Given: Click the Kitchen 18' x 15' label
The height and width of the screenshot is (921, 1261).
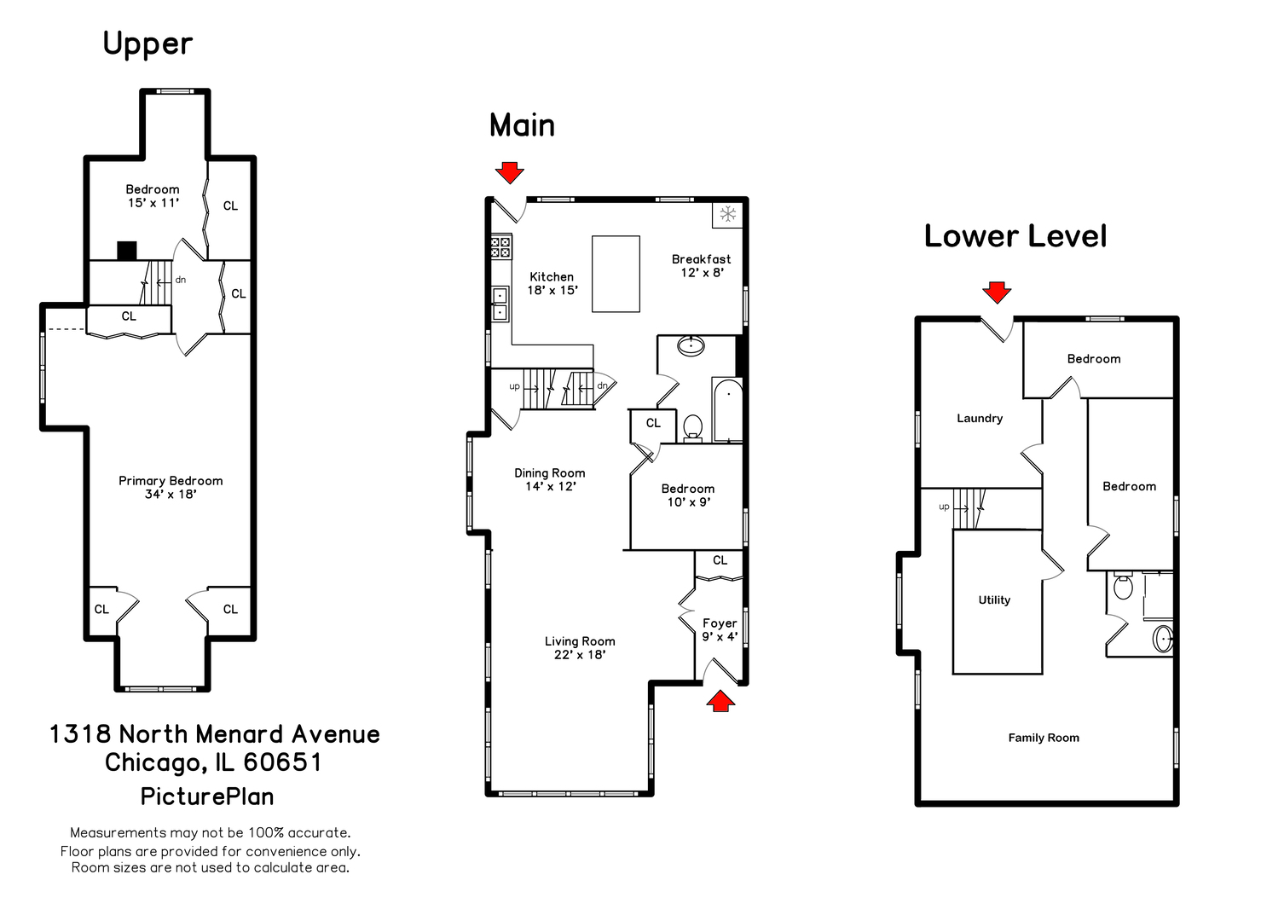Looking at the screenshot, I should pos(552,283).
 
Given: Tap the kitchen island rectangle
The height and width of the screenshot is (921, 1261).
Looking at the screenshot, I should pos(616,274).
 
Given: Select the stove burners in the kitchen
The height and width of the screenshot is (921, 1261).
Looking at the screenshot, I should pos(500,247).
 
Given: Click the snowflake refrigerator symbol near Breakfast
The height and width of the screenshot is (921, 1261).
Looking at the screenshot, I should pos(727,214).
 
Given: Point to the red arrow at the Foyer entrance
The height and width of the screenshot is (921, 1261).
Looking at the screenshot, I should pos(721,701).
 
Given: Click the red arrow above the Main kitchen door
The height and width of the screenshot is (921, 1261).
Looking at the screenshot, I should pos(510,172).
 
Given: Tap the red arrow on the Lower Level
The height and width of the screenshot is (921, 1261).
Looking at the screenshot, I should pos(996,293).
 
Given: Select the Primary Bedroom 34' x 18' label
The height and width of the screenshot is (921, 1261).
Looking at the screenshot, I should pos(171,487).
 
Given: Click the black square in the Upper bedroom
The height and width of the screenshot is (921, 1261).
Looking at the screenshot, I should pos(127,251).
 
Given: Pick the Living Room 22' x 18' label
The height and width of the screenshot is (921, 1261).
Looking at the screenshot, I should pos(580,648).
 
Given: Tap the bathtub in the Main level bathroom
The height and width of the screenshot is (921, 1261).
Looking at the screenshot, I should pos(727,410).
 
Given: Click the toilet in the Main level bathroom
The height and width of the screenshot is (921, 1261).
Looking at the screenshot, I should pos(692,426).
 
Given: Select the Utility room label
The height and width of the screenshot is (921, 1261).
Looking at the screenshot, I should pos(994,600).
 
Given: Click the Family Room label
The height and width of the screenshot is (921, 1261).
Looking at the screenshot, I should pos(1044,739).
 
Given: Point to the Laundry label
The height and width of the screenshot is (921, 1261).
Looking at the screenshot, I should pos(980,419).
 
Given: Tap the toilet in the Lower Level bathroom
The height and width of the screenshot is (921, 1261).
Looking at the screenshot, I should pos(1123,587).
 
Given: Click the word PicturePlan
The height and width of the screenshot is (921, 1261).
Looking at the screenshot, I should pos(207,796).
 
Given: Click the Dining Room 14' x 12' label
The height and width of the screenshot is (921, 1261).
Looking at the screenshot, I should pos(550,479).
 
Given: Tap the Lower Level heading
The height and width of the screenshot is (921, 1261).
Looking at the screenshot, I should pos(1015,236).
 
